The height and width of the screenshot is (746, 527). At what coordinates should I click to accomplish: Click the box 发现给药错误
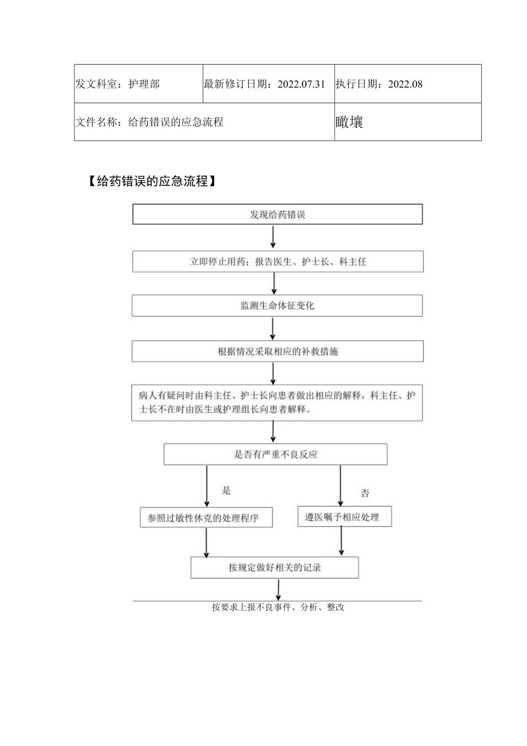point(278,215)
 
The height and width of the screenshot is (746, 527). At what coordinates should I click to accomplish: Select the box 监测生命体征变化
point(278,306)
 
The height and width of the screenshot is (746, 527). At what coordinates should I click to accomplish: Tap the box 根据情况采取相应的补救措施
point(278,351)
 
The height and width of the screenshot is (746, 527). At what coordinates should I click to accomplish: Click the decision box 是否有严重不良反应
point(276,455)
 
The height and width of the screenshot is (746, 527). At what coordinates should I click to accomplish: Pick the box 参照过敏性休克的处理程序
point(206,518)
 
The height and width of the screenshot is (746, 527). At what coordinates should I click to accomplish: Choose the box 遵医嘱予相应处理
point(341,517)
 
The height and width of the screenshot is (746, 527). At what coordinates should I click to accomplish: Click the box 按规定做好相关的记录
point(274,568)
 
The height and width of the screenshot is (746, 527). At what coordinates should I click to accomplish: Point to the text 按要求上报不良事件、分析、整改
point(278,608)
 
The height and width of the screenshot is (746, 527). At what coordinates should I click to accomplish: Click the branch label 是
point(226,490)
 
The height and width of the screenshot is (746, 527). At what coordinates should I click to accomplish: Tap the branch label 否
point(365,493)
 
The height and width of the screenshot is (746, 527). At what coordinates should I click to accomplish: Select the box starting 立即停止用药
point(278,261)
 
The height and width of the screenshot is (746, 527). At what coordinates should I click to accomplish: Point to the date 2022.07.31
point(301,84)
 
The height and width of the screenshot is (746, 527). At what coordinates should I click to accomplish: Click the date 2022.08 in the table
point(405,84)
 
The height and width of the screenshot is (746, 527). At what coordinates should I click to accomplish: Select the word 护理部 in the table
point(144,84)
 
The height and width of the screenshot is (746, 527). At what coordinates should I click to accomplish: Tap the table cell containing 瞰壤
point(407,122)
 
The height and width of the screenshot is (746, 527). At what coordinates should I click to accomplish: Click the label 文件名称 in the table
point(97,122)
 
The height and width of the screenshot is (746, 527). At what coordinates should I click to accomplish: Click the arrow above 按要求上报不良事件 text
point(278,590)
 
